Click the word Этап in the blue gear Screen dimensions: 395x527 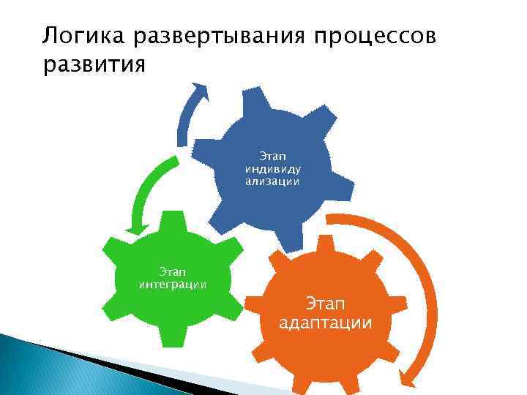tap(272, 155)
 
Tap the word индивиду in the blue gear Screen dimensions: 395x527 tap(272, 168)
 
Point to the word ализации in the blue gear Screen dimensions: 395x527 tap(272, 180)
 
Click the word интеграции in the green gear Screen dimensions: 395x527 tap(173, 284)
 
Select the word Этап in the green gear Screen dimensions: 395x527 tap(173, 271)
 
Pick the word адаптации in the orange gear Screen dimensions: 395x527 tap(325, 323)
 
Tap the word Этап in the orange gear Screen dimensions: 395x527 tap(325, 303)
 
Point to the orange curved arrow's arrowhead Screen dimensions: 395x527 tap(408, 377)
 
